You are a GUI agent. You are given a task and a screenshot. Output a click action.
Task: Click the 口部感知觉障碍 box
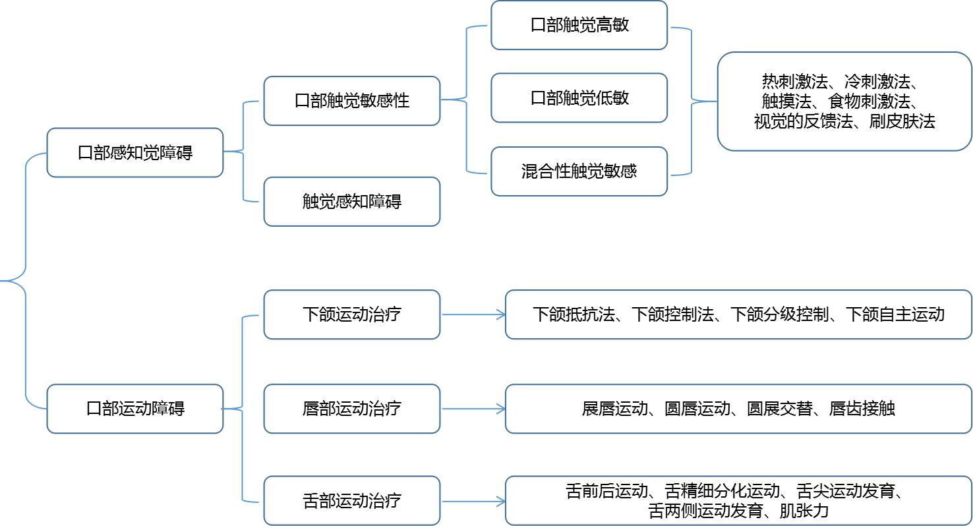135,153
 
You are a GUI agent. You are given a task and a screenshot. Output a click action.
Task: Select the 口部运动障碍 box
135,409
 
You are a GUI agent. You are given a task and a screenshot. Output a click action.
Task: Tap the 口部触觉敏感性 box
351,101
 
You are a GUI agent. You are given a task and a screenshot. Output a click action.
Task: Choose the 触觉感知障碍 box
351,202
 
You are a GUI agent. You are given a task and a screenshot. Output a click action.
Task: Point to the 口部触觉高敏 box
579,25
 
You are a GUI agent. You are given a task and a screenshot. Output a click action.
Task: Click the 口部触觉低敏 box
579,98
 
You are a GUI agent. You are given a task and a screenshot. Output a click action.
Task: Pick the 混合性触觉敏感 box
579,171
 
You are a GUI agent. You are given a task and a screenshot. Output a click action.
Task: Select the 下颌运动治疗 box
351,314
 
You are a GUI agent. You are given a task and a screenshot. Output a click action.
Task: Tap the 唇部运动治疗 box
351,409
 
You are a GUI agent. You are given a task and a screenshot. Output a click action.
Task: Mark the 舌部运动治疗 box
351,501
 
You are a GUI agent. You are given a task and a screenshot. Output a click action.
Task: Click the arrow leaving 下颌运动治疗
473,314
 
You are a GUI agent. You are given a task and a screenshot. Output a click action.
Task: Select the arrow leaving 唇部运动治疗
473,409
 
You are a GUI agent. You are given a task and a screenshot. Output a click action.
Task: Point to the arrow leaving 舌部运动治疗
473,502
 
